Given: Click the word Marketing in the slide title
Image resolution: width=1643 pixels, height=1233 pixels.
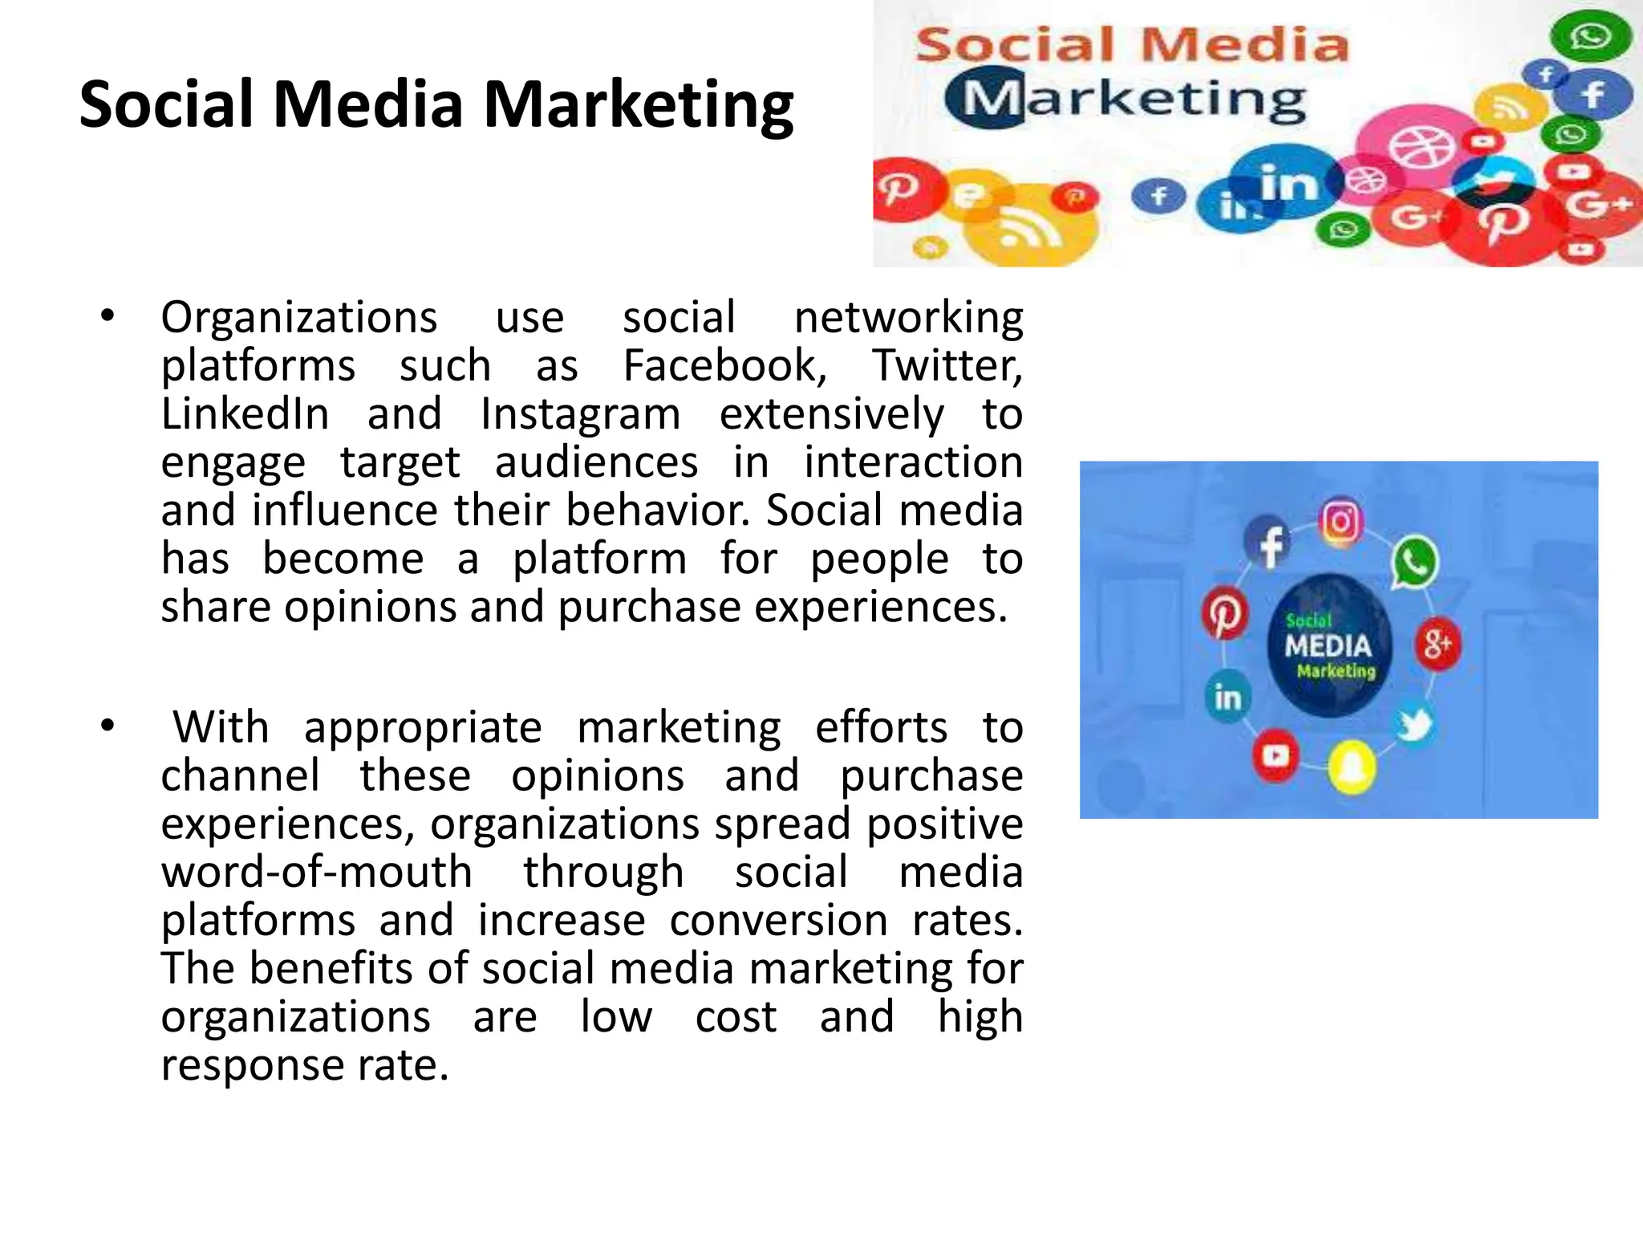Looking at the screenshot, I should pyautogui.click(x=639, y=107).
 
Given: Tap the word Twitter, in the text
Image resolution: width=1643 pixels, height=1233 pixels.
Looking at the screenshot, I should pyautogui.click(x=947, y=366).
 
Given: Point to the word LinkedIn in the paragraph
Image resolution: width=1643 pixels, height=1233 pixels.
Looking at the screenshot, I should pyautogui.click(x=245, y=414).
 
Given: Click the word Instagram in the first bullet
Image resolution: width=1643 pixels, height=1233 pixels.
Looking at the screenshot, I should pyautogui.click(x=580, y=416).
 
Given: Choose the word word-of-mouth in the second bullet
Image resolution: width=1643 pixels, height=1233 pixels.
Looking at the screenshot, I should pyautogui.click(x=317, y=873).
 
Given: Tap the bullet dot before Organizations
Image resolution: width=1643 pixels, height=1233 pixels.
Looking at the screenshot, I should pyautogui.click(x=108, y=315).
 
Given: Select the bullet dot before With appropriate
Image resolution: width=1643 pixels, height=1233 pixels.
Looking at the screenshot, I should pyautogui.click(x=108, y=726).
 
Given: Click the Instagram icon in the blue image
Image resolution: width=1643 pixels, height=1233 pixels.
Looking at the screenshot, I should pyautogui.click(x=1341, y=522).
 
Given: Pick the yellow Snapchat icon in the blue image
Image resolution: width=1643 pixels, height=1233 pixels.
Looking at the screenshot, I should pyautogui.click(x=1353, y=767).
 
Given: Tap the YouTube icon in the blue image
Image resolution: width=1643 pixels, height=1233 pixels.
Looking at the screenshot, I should pyautogui.click(x=1276, y=755).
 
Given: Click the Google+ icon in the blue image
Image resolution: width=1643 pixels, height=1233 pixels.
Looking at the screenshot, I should pyautogui.click(x=1438, y=644).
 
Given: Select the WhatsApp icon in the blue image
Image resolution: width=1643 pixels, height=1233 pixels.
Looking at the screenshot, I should pyautogui.click(x=1415, y=562).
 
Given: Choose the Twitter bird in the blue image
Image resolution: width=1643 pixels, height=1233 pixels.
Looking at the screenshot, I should pyautogui.click(x=1414, y=725).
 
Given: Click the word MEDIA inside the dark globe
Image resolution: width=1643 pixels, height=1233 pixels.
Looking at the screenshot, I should pyautogui.click(x=1328, y=646).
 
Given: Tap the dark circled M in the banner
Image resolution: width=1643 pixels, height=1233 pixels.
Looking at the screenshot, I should pyautogui.click(x=986, y=98).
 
